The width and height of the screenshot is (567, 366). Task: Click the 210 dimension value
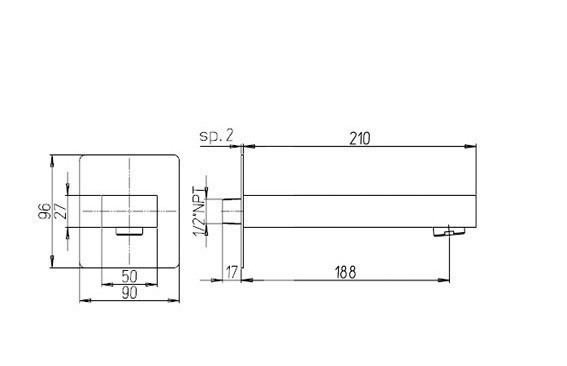coord(360,139)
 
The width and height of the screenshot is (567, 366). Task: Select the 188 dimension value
coord(346,272)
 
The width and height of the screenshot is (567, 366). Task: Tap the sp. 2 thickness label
coord(217,136)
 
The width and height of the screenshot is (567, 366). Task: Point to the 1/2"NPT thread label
coord(198,211)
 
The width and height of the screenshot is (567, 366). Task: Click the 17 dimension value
coord(232,272)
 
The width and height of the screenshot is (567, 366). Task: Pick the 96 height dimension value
coord(45,212)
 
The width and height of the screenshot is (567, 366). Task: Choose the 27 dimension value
coord(60,211)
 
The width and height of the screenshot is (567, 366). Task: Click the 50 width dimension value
coord(129,276)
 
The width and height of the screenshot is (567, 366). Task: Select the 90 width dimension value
coord(129,293)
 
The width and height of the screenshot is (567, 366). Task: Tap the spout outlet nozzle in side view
coord(449,231)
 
